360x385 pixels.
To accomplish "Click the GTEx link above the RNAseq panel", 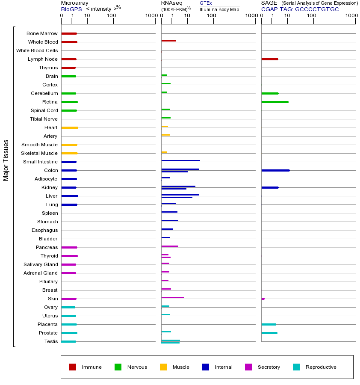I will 206,3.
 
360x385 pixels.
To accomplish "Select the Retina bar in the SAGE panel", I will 274,102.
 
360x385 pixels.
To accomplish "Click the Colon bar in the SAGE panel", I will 275,170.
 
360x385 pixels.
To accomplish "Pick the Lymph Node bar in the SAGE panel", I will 269,59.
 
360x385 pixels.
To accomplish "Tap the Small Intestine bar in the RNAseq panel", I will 180,160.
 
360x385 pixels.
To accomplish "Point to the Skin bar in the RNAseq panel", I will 172,297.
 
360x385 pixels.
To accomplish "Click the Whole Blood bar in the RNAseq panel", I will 168,41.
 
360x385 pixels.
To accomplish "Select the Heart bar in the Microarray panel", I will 69,127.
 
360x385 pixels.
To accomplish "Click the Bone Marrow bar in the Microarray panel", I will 69,33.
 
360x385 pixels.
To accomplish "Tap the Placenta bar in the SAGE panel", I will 269,324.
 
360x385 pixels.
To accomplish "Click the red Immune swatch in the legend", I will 73,367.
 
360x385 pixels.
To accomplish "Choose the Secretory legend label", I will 269,367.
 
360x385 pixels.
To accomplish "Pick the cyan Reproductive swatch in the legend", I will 296,367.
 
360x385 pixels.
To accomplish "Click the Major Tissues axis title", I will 6,160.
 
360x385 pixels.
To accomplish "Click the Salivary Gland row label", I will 41,264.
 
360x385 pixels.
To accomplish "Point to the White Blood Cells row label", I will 37,50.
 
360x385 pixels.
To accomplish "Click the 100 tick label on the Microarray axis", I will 112,16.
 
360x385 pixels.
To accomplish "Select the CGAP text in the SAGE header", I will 269,9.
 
